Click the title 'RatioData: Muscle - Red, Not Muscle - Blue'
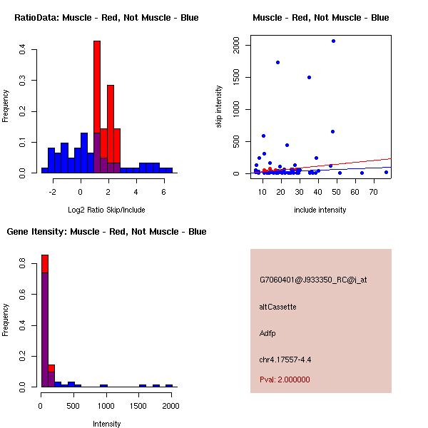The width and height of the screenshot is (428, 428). pos(106,17)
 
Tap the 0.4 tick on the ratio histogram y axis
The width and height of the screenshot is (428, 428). pos(23,49)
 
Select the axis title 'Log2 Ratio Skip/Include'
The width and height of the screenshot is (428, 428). pos(106,210)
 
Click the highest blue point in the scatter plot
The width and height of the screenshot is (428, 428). pos(333,41)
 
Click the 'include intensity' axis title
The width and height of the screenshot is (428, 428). pos(320,210)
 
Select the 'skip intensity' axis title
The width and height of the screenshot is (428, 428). pos(219,107)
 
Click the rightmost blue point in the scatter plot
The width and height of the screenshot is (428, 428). pos(386,172)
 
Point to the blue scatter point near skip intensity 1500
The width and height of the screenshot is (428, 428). pos(309,77)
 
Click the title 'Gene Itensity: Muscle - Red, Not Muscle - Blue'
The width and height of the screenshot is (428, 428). pos(106,231)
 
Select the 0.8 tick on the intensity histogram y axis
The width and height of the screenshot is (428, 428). pos(23,264)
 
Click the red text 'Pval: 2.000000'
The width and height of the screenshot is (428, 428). pos(285,380)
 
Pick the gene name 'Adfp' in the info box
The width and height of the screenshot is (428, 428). pos(267,333)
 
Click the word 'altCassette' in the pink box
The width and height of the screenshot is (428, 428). pos(277,307)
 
